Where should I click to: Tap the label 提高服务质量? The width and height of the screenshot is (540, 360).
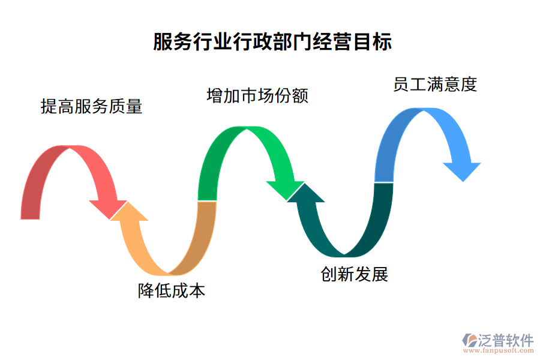tap(91, 107)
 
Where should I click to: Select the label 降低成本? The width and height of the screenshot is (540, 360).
tap(172, 291)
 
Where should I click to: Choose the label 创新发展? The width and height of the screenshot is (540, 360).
tap(355, 274)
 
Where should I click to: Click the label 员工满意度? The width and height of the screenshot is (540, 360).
tap(435, 85)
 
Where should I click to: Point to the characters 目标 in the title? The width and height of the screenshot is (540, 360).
tap(375, 43)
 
